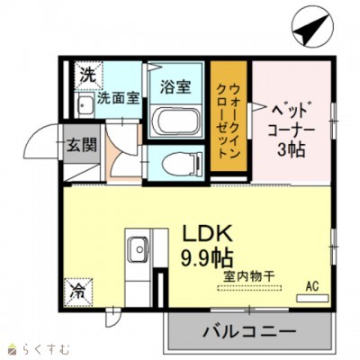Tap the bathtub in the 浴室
click(x=176, y=121)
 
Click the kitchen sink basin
click(x=138, y=248)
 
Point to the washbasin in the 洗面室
click(x=85, y=104)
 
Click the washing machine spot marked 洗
click(x=89, y=76)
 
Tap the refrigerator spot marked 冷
click(x=77, y=292)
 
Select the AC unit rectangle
click(x=312, y=298)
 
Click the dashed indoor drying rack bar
click(x=249, y=288)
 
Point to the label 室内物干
click(x=249, y=276)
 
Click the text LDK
click(x=207, y=235)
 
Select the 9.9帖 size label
click(x=207, y=257)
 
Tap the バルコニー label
click(x=249, y=331)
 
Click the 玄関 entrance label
click(x=81, y=145)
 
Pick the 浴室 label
click(x=175, y=86)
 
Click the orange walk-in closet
click(x=229, y=116)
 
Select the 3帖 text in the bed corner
click(x=292, y=149)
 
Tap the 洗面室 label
click(x=119, y=98)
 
